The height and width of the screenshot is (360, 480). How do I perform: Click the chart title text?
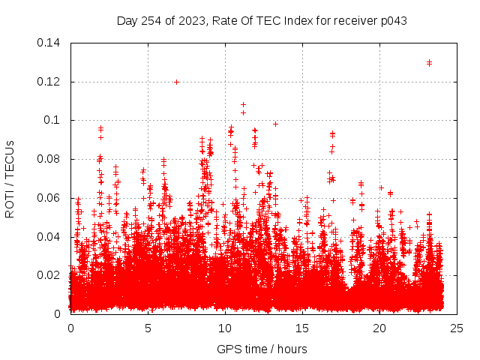click(x=262, y=20)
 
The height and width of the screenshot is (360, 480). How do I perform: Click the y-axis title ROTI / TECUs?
click(x=10, y=178)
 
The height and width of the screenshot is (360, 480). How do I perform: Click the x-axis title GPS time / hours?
click(x=262, y=349)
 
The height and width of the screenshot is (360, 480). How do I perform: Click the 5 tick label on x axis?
click(x=148, y=328)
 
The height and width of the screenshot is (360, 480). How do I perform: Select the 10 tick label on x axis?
click(x=225, y=328)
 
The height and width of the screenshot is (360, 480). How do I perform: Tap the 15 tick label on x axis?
click(x=302, y=328)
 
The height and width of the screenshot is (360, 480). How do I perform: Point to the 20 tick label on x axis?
click(x=379, y=328)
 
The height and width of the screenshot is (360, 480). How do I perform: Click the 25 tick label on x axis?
click(x=457, y=328)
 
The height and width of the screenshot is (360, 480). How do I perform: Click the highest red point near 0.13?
click(x=429, y=63)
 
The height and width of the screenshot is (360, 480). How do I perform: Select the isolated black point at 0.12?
click(x=176, y=82)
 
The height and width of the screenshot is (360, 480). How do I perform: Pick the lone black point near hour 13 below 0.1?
click(x=275, y=124)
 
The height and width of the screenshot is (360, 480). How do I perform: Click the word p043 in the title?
click(x=392, y=20)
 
